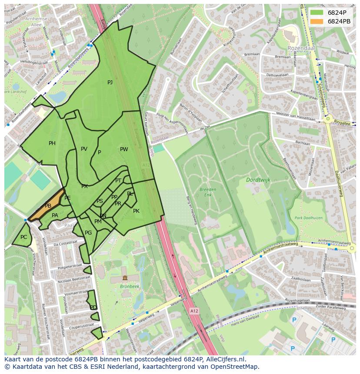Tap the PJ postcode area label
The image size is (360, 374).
tap(110, 83)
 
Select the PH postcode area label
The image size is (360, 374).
tap(52, 143)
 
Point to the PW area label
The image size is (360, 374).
tap(124, 149)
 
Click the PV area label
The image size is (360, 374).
tap(84, 149)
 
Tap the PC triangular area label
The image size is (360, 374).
tap(23, 237)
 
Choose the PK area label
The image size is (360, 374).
tap(136, 211)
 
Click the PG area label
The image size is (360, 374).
tap(88, 233)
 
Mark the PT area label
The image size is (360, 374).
tap(118, 181)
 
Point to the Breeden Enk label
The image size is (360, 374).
tap(208, 192)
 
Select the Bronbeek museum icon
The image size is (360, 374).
tap(125, 278)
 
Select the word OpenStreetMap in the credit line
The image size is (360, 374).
tap(235, 367)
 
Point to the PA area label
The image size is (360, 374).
tap(55, 215)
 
